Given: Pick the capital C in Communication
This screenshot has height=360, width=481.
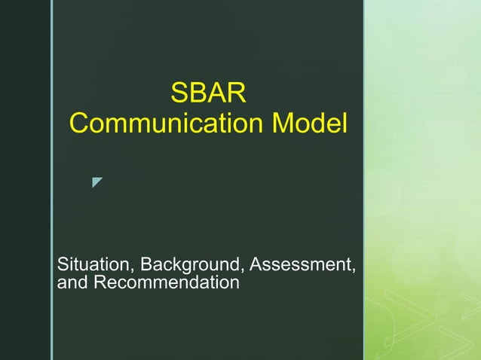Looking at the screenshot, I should pos(78,124).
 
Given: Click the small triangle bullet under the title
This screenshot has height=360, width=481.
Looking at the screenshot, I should pos(97,182).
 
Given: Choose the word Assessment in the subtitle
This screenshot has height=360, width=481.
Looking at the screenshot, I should pos(300,266).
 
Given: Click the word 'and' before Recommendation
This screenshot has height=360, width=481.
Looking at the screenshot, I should pos(72,283).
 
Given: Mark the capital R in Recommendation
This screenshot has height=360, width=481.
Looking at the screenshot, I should pos(98,283).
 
